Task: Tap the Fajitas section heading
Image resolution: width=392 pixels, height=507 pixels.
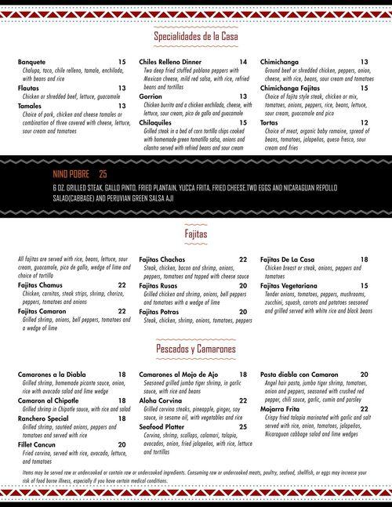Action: [196, 234]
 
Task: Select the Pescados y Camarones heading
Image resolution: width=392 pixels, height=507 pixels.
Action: [196, 347]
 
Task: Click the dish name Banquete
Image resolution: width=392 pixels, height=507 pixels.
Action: [32, 62]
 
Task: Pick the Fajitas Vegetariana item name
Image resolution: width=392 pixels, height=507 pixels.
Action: [295, 285]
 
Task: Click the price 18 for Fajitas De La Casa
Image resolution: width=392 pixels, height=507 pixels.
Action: [365, 259]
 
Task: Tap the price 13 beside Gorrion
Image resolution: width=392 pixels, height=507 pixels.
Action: [243, 96]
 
